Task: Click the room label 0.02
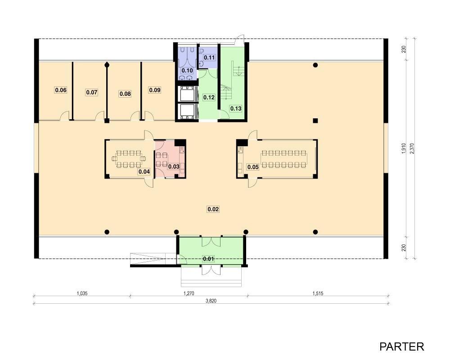pos(213,209)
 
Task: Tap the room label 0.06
pos(61,90)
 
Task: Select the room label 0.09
pos(155,90)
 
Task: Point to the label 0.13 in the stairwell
pos(236,108)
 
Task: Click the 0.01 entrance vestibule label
pos(208,259)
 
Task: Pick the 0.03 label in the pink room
pos(174,166)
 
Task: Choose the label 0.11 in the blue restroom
pos(209,58)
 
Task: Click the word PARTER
pos(401,346)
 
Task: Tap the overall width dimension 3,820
pos(211,301)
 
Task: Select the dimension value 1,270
pos(189,293)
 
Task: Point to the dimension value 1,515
pos(318,293)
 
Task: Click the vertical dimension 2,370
pos(412,148)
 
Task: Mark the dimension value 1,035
pos(82,293)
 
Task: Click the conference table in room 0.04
pos(129,159)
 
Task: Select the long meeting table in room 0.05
pos(284,159)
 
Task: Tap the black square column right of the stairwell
pos(315,121)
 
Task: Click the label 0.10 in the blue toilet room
pos(187,71)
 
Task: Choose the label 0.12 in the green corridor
pos(209,98)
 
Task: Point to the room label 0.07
pos(91,92)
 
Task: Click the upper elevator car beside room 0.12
pos(187,94)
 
